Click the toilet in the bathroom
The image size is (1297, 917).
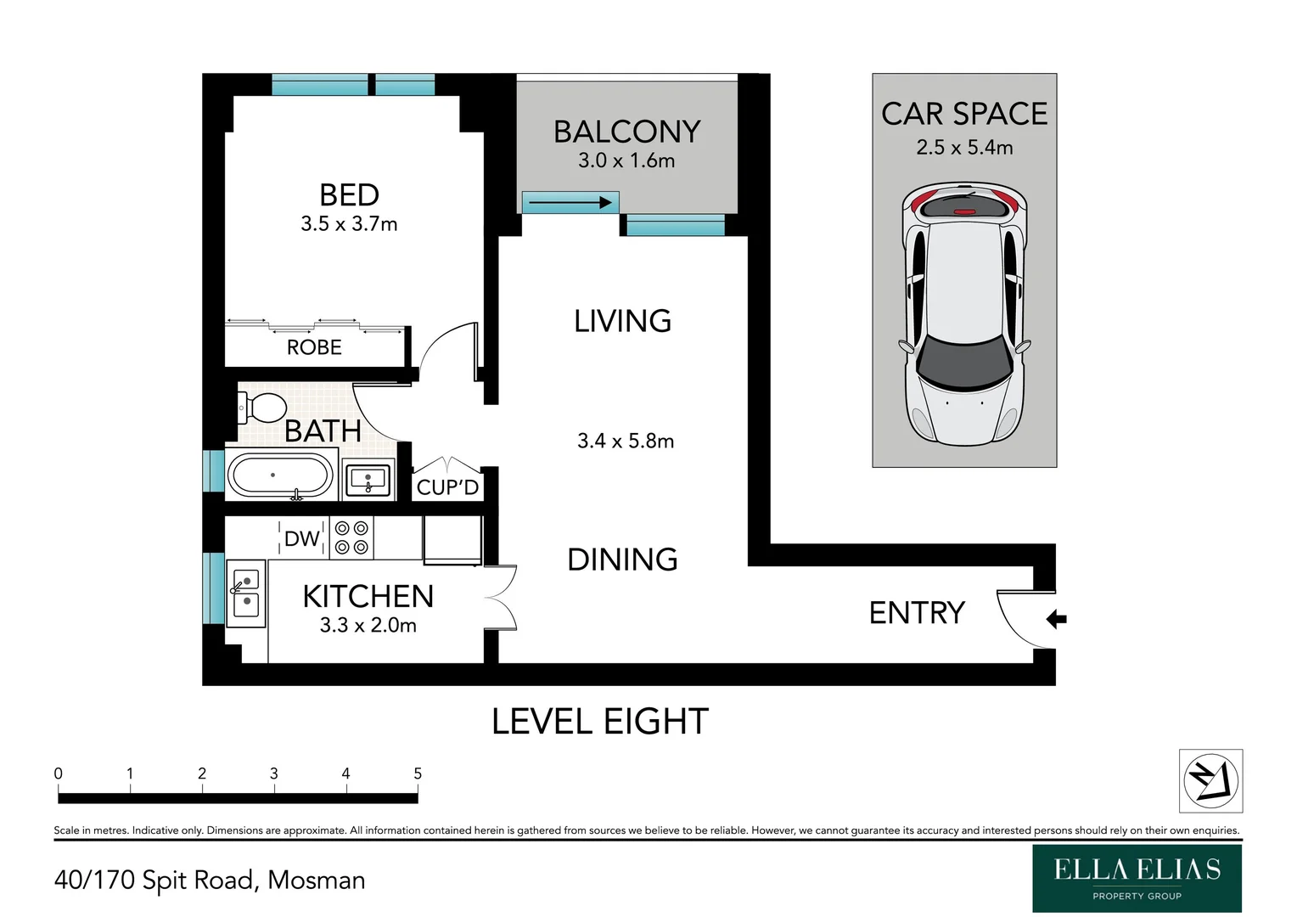tap(261, 408)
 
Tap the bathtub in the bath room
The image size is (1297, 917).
tap(280, 475)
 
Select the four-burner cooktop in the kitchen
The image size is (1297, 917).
tap(351, 537)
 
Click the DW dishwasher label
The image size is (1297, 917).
tap(301, 538)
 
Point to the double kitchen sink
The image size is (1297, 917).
tap(246, 594)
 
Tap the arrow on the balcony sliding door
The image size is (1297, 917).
tap(570, 203)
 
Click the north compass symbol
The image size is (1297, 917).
tap(1210, 780)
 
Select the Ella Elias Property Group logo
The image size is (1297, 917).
tap(1137, 878)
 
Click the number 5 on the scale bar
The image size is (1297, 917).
tap(418, 774)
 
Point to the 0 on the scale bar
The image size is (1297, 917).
tap(58, 774)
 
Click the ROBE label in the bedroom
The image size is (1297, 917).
tap(314, 347)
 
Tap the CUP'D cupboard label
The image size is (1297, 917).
tap(447, 487)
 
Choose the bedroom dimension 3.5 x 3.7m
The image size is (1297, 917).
tap(349, 223)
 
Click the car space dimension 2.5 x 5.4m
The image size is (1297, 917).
tap(964, 147)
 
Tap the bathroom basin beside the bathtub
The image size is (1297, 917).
tap(368, 479)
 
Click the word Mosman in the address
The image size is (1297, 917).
tap(316, 880)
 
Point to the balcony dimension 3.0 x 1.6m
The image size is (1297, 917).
tap(626, 160)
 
